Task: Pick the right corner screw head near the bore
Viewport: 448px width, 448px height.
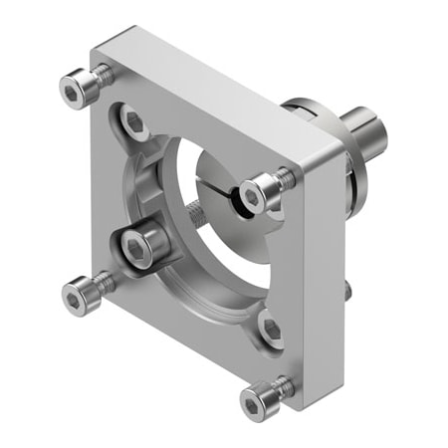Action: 262,192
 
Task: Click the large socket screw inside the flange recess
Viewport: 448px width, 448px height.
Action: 137,246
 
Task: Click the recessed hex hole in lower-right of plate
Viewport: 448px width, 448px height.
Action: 270,329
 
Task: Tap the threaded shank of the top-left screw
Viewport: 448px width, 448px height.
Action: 101,77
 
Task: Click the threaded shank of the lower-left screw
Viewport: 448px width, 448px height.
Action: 104,283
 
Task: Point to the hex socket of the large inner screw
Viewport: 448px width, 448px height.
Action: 137,246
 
